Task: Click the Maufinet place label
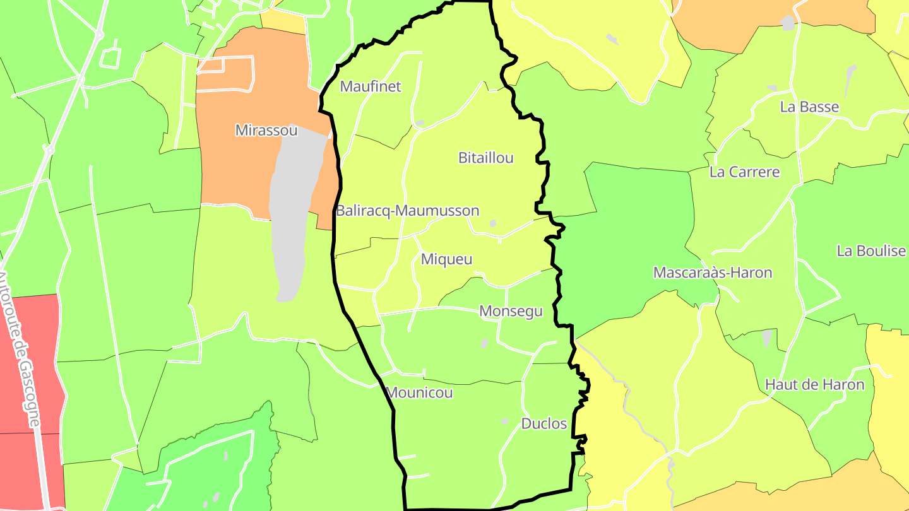coord(371,87)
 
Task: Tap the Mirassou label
coord(266,131)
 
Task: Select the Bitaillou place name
coord(485,158)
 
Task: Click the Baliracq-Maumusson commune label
coord(407,211)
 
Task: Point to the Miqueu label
coord(446,259)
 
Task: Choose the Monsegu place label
coord(511,311)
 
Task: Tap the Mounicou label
coord(419,393)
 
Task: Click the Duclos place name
coord(544,424)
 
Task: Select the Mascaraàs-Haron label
coord(712,273)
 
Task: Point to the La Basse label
coord(809,107)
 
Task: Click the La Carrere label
coord(744,172)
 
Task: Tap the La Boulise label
coord(871,251)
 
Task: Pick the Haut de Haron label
coord(814,384)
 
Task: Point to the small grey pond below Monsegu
coord(484,344)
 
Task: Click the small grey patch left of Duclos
coord(504,421)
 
